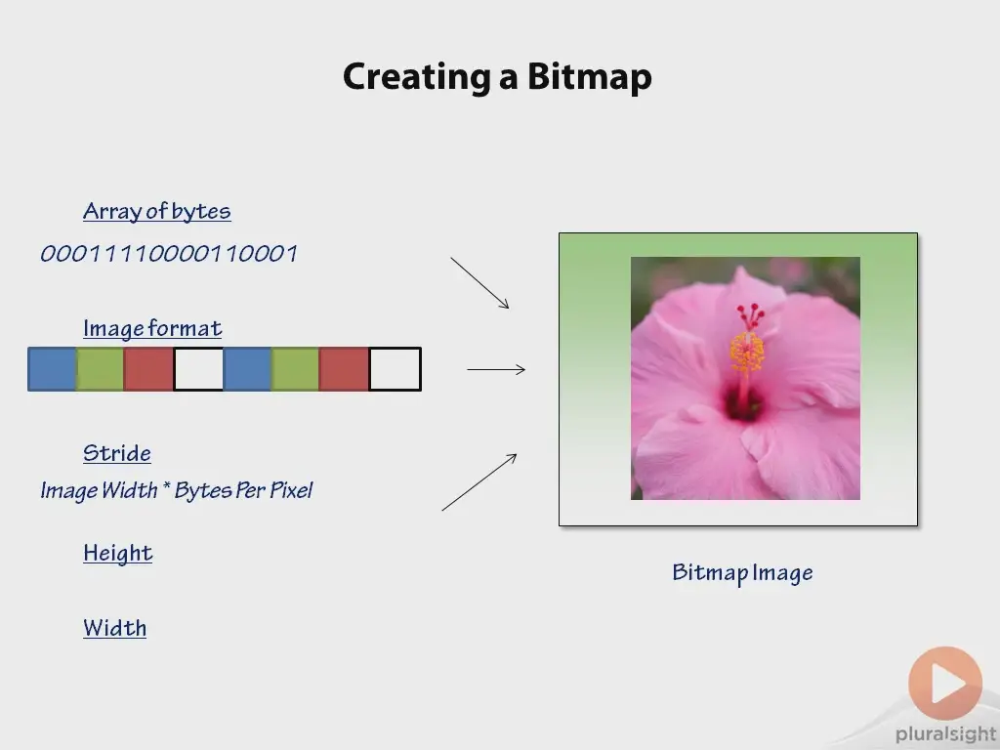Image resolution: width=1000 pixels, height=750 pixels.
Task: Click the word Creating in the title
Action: tap(416, 77)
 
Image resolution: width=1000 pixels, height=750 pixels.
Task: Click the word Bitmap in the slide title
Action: tap(589, 77)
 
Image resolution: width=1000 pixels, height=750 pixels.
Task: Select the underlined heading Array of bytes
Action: tap(157, 211)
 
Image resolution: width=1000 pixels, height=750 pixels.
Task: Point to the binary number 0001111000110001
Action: tap(169, 254)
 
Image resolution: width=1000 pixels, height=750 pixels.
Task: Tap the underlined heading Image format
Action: tap(152, 328)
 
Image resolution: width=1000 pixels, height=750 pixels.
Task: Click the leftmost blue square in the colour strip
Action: tap(52, 369)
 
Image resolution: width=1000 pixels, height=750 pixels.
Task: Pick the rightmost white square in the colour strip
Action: tap(395, 369)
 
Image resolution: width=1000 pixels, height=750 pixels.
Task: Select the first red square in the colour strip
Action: tap(148, 369)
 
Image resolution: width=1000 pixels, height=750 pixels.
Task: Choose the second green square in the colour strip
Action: tap(295, 369)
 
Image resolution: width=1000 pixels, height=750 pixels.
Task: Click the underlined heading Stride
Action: tap(117, 453)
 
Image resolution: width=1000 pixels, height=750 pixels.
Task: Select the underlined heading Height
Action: tap(118, 553)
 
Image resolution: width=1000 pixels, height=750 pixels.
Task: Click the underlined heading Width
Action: tap(115, 628)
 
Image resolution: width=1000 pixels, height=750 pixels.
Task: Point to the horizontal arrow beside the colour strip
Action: tap(496, 369)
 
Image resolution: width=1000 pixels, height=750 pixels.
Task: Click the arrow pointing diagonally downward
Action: tap(479, 283)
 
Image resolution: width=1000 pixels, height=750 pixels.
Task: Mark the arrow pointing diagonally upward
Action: tap(479, 482)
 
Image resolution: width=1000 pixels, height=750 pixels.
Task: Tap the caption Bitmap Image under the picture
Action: tap(742, 572)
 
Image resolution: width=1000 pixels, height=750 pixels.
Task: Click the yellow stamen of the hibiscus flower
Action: tap(747, 353)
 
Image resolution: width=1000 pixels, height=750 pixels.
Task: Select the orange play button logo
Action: tap(945, 683)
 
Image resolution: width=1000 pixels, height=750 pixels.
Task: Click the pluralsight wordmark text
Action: tap(946, 734)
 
